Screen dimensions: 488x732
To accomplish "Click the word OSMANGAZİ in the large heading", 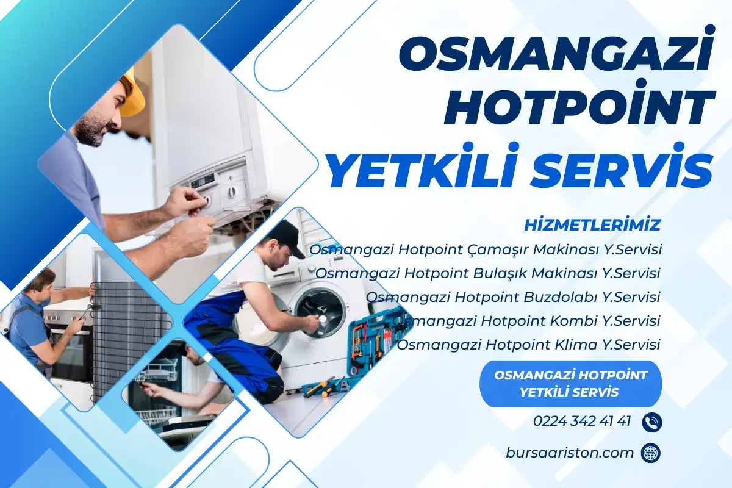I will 556,55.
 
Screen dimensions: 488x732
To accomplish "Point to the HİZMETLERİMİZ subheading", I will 592,225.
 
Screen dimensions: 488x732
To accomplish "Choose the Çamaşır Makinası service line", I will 486,249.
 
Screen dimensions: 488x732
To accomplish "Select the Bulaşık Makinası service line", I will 489,273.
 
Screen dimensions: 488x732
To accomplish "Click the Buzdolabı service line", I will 514,297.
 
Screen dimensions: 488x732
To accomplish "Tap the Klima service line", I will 529,345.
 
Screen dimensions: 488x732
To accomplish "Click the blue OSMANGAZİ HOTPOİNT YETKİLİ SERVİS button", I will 570,383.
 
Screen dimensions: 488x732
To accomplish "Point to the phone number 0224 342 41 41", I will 581,421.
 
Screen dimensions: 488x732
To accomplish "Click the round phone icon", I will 651,422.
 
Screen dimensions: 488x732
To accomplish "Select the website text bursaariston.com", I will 570,453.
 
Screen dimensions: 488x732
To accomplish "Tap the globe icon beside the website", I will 651,453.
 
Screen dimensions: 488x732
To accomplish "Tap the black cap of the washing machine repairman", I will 285,235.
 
